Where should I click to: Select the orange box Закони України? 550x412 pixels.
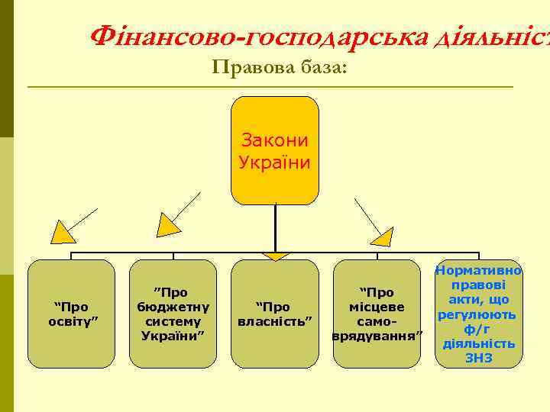[x=274, y=151]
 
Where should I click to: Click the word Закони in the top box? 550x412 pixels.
[x=274, y=140]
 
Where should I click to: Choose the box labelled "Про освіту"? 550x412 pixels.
[x=71, y=313]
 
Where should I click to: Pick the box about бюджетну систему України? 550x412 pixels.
[x=173, y=313]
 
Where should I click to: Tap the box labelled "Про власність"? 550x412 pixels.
[x=274, y=313]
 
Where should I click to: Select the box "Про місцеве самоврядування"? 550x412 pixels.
[x=377, y=313]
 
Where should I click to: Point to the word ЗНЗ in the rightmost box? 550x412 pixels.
[x=479, y=358]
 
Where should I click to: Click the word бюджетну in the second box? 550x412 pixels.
[x=173, y=307]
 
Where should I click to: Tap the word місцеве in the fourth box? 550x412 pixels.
[x=377, y=307]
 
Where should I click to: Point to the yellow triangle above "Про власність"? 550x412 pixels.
[x=274, y=255]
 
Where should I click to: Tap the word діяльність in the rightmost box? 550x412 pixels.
[x=479, y=343]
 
